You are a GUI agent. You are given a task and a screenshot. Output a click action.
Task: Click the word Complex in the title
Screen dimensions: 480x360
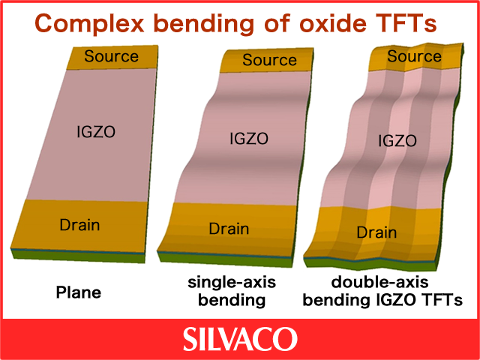click(89, 23)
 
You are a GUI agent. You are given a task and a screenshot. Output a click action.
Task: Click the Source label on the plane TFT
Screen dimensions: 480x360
click(112, 56)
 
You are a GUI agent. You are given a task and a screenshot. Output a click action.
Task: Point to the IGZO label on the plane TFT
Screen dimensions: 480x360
click(96, 132)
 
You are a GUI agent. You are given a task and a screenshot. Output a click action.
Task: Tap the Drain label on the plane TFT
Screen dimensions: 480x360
click(79, 225)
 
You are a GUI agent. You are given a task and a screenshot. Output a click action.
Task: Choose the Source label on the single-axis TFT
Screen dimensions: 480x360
click(269, 60)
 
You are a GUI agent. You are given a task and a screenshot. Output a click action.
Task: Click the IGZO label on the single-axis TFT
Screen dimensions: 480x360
click(249, 139)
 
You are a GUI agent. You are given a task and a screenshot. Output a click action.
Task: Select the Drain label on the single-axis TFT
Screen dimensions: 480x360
click(229, 229)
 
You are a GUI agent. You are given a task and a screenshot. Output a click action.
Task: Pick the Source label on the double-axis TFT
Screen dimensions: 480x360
click(414, 56)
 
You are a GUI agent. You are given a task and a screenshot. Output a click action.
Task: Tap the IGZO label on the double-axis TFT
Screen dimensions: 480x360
click(397, 141)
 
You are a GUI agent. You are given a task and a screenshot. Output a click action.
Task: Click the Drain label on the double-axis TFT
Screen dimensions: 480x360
click(376, 232)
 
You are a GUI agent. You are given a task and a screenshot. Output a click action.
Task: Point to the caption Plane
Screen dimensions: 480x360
click(79, 292)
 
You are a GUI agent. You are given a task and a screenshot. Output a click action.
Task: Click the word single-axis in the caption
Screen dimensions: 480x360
click(232, 283)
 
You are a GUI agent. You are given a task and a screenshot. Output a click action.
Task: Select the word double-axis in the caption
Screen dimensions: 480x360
click(380, 282)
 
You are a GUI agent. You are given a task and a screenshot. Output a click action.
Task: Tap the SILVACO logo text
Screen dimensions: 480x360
click(240, 339)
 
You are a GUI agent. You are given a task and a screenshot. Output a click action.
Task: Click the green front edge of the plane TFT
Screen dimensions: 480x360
click(78, 256)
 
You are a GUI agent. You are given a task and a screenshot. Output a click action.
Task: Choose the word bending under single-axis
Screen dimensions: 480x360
click(232, 301)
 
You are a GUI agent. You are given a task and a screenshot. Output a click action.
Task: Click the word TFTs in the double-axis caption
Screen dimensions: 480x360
click(443, 300)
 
